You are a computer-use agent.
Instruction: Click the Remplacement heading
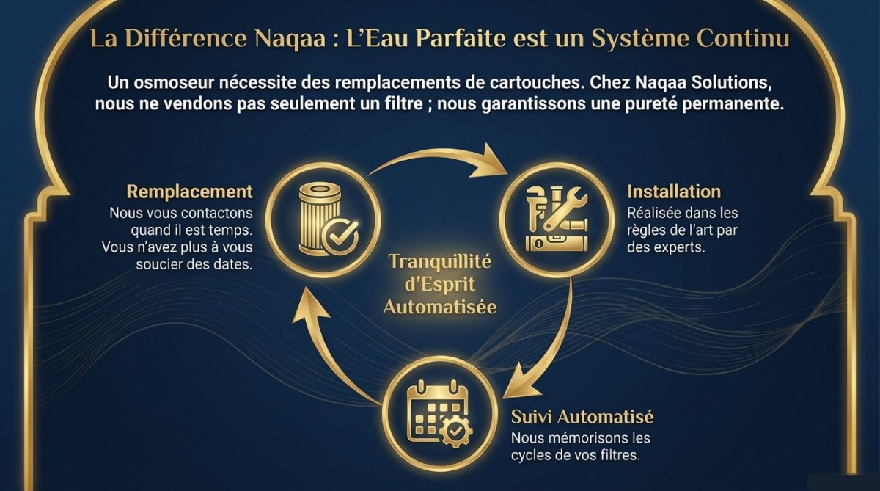pyautogui.click(x=189, y=192)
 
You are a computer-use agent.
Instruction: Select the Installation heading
pyautogui.click(x=674, y=192)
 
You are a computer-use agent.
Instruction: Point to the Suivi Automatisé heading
pyautogui.click(x=582, y=417)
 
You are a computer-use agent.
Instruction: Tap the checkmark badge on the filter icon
pyautogui.click(x=340, y=236)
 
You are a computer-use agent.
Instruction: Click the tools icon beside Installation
pyautogui.click(x=557, y=219)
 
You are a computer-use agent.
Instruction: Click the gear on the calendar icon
pyautogui.click(x=455, y=432)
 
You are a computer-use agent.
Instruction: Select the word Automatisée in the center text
pyautogui.click(x=440, y=308)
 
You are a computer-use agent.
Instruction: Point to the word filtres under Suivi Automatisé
pyautogui.click(x=620, y=455)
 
